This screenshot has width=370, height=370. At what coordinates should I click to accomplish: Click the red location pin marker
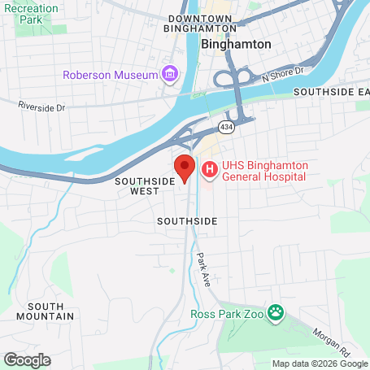[x=185, y=168]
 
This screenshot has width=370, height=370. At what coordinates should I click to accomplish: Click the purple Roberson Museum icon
[x=170, y=76]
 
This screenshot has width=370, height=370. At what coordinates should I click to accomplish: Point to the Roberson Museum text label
[x=111, y=76]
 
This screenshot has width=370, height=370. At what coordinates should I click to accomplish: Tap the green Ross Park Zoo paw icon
[x=278, y=311]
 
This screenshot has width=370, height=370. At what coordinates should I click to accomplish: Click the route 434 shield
[x=226, y=126]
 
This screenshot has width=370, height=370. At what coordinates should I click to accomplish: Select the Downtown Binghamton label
[x=200, y=23]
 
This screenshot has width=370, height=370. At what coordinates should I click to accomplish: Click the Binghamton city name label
[x=235, y=45]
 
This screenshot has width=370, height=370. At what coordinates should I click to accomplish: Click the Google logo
[x=27, y=359]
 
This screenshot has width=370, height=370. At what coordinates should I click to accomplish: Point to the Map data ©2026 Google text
[x=319, y=363]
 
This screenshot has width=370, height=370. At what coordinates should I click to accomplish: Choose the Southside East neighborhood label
[x=332, y=93]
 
